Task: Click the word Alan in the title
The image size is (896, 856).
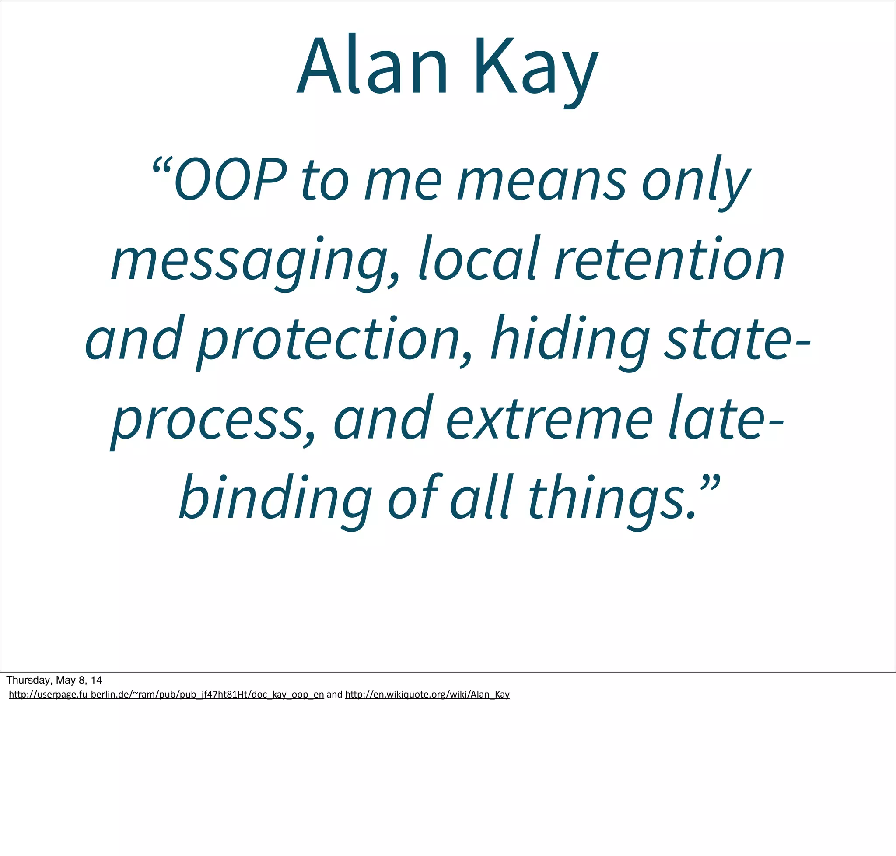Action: pos(372,66)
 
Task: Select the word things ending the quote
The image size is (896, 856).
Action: pos(611,500)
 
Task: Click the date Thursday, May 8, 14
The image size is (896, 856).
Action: pos(54,681)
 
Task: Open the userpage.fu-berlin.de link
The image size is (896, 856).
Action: pos(166,695)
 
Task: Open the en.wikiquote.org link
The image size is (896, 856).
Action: pos(427,695)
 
